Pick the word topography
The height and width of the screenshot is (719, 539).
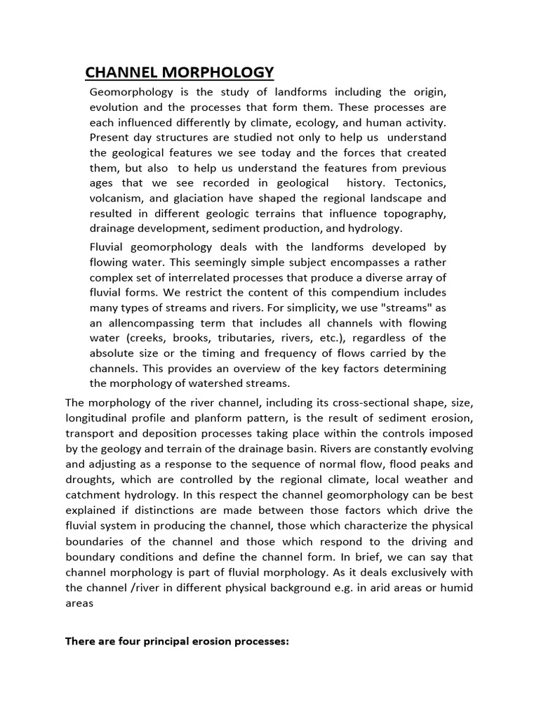coord(413,213)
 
